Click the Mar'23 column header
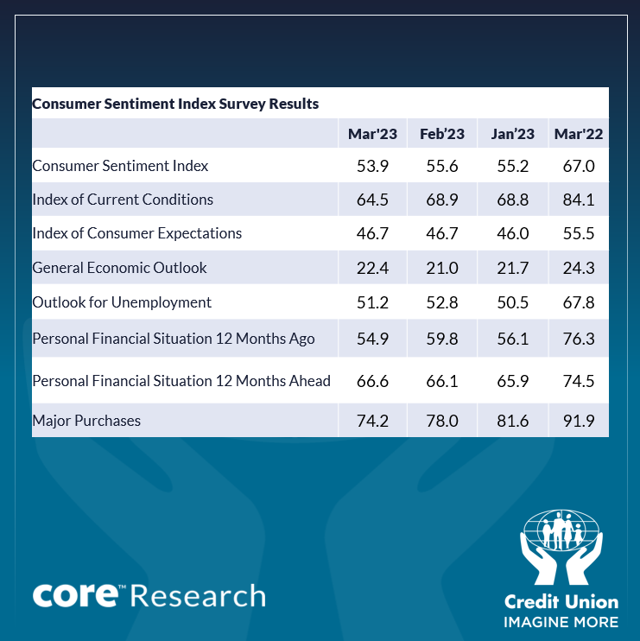tap(372, 134)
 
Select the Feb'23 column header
tap(442, 134)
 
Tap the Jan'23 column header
tap(512, 134)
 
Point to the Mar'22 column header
tap(579, 134)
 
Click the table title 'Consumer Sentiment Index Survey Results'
tap(175, 104)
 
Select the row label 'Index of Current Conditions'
tap(123, 200)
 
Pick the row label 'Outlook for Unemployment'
tap(122, 302)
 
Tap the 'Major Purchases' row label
tap(86, 421)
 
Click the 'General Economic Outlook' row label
tap(119, 268)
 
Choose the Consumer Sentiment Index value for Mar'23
tap(372, 166)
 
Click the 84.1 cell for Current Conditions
tap(579, 200)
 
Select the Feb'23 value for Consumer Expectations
tap(442, 233)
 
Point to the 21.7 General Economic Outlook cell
tap(512, 268)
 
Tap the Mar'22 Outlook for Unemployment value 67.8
tap(579, 302)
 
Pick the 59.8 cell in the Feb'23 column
tap(442, 340)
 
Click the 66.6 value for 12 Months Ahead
tap(372, 381)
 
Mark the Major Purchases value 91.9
tap(579, 421)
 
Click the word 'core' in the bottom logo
tap(74, 595)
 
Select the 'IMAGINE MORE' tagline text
tap(561, 622)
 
